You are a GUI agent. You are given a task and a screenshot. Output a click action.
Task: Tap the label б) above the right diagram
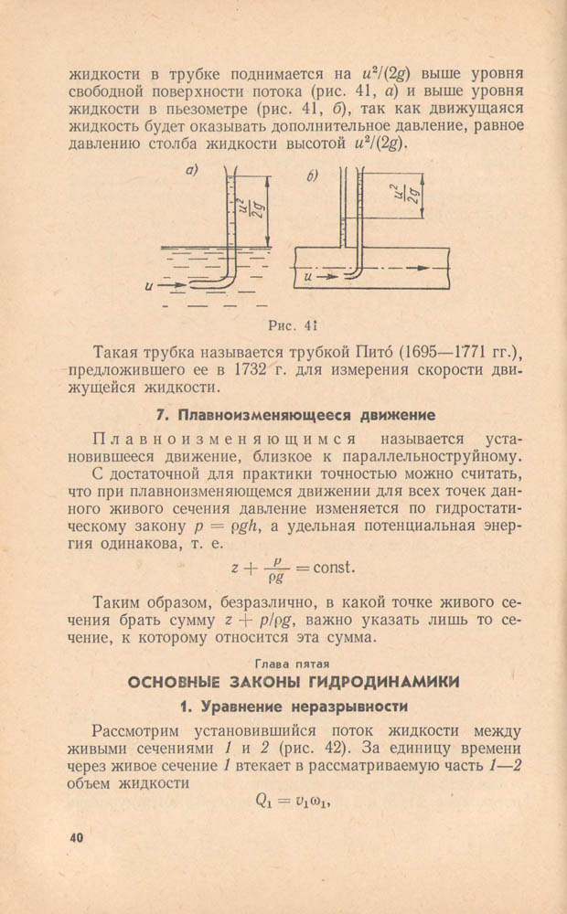click(313, 174)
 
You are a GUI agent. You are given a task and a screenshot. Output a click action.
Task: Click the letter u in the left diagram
click(148, 286)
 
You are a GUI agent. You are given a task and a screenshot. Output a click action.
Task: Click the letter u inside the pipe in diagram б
click(308, 272)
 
